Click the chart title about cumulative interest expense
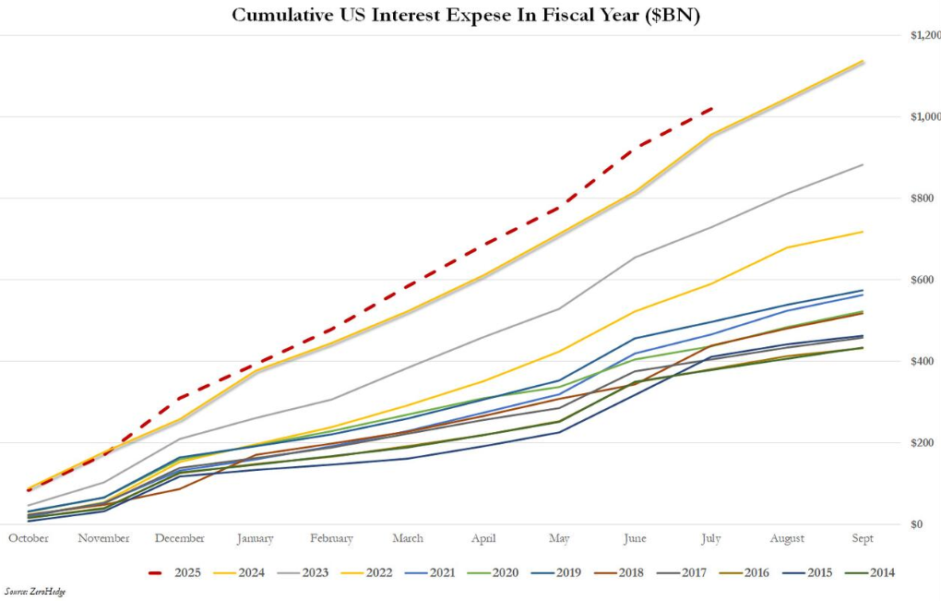tap(466, 16)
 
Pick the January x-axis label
tap(255, 538)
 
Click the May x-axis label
tap(559, 538)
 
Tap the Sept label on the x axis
tap(863, 538)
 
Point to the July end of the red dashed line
tap(711, 109)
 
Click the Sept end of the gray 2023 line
tap(863, 165)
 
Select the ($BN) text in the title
tap(672, 16)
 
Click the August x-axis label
tap(787, 538)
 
